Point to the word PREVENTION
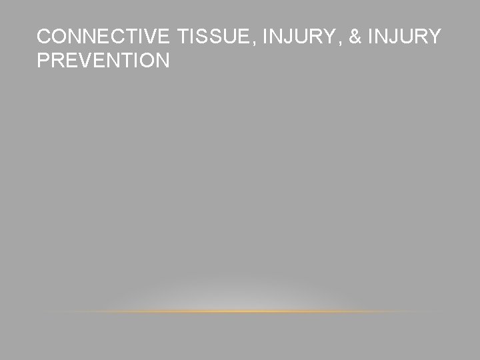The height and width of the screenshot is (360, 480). (x=103, y=61)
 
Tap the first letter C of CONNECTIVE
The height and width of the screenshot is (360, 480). (x=43, y=38)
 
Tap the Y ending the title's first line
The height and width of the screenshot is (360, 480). (x=434, y=38)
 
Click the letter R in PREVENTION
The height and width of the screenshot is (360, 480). (x=57, y=61)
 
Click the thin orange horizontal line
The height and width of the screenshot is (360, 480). (x=240, y=311)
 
